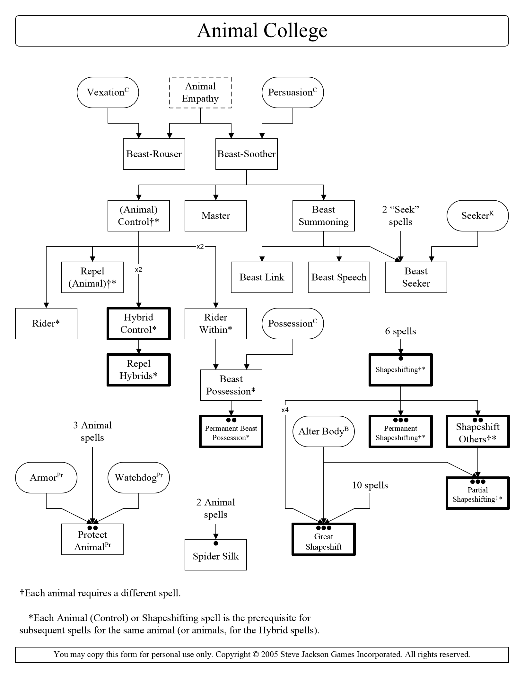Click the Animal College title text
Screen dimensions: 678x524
coord(262,31)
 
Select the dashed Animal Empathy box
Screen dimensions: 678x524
coord(200,92)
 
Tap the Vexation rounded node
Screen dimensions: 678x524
coord(108,92)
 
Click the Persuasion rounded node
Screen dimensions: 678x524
coord(293,92)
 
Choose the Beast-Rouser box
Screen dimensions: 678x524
coord(154,154)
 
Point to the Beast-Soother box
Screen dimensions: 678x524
coord(247,154)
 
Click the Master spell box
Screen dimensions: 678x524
coord(216,216)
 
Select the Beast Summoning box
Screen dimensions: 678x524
coord(324,216)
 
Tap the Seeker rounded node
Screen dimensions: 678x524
coord(478,216)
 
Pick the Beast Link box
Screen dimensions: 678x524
coord(262,277)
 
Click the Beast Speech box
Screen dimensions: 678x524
coord(339,277)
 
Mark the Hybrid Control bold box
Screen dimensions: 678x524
coord(139,324)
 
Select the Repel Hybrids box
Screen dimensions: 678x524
coord(139,370)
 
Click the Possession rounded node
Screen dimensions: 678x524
coord(293,324)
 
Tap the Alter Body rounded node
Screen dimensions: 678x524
coord(324,431)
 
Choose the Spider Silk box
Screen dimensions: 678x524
coord(216,555)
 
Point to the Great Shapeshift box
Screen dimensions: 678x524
coord(324,539)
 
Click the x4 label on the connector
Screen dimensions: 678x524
coord(285,410)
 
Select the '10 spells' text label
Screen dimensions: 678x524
coord(370,485)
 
